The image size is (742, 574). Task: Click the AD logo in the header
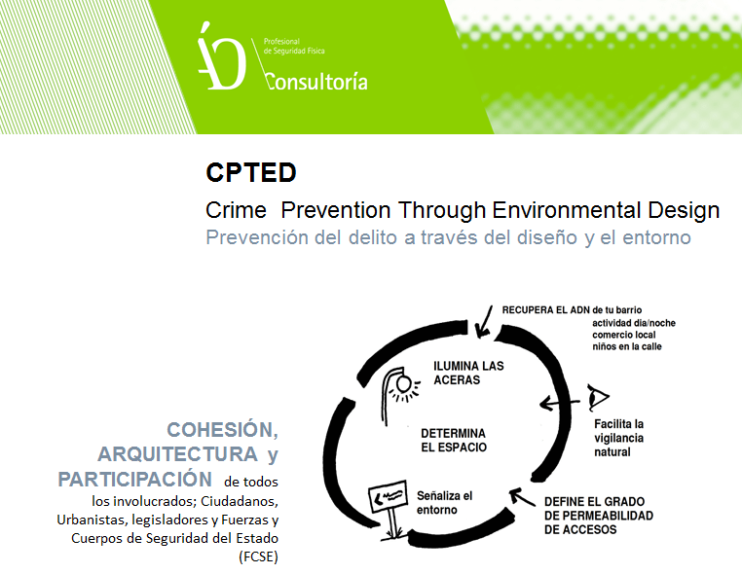coord(220,60)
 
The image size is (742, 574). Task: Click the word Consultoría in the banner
coord(316,83)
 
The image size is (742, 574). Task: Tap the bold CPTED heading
coord(251,173)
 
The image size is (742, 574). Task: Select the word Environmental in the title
coord(565,209)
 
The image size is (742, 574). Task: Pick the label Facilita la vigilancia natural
coord(618,438)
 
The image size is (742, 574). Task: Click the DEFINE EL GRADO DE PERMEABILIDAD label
coord(599,515)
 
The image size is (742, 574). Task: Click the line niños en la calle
coord(627,347)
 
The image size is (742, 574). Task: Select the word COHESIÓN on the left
coord(223,429)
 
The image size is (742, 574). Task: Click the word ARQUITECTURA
coord(178,454)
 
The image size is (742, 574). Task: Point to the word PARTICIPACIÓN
coord(135,480)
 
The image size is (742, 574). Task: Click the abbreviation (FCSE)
coord(258,556)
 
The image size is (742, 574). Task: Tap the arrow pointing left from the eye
coord(558,402)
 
